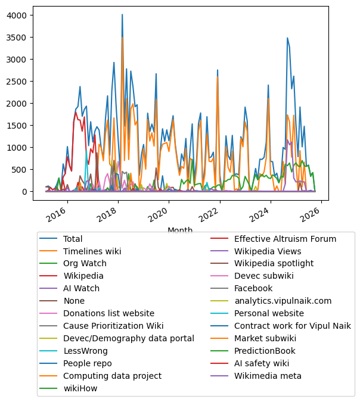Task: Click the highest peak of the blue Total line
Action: point(122,15)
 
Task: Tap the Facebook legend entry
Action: point(255,288)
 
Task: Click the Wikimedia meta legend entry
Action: point(268,376)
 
